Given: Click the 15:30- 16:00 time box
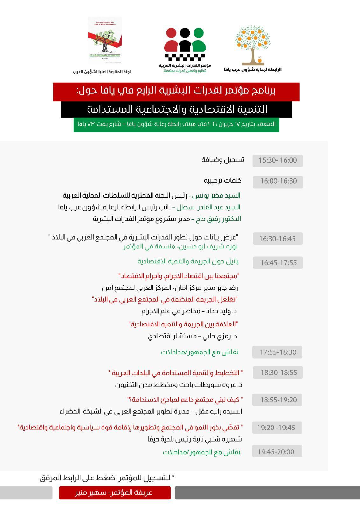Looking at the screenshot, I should coord(278,161).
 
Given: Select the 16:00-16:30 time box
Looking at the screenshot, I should coord(278,182).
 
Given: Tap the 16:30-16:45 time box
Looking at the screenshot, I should coord(278,239).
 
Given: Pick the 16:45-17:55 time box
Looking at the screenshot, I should coord(278,263).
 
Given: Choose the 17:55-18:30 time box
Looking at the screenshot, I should coord(277,352).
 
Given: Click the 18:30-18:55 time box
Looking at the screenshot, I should coord(278,373).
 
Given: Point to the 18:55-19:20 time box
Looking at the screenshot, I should coord(278,400).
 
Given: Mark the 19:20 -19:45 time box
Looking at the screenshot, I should coord(277,428).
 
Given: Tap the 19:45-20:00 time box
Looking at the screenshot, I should coord(277,451).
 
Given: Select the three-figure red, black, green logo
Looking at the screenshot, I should coord(185,45).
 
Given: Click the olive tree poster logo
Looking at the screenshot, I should coord(105,40).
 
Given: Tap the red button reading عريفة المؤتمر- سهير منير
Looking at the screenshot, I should coord(115,493).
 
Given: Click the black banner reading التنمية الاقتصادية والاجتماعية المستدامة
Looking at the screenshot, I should coord(176,109).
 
